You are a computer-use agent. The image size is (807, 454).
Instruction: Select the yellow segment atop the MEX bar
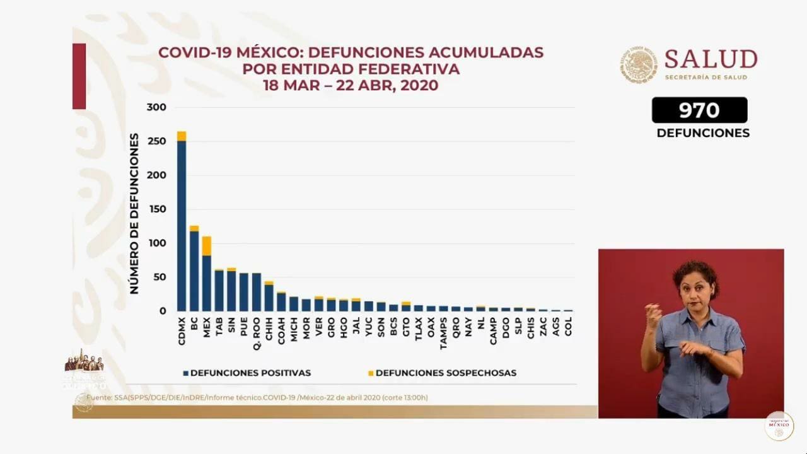tap(206, 246)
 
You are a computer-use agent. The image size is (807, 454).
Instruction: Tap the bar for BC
tap(194, 271)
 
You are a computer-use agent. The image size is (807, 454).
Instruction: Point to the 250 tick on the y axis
tap(156, 141)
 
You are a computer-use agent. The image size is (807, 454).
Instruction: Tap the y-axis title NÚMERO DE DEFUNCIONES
tap(134, 213)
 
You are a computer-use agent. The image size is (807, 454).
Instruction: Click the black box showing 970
tap(699, 110)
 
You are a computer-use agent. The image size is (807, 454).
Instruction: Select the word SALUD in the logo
tap(711, 59)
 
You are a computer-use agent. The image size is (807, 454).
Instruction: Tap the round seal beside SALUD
tap(639, 64)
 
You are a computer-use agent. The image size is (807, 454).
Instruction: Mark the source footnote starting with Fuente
tap(257, 398)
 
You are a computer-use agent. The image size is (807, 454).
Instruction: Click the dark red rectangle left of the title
tap(79, 76)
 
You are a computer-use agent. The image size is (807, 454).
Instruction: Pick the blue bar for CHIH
tap(269, 298)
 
